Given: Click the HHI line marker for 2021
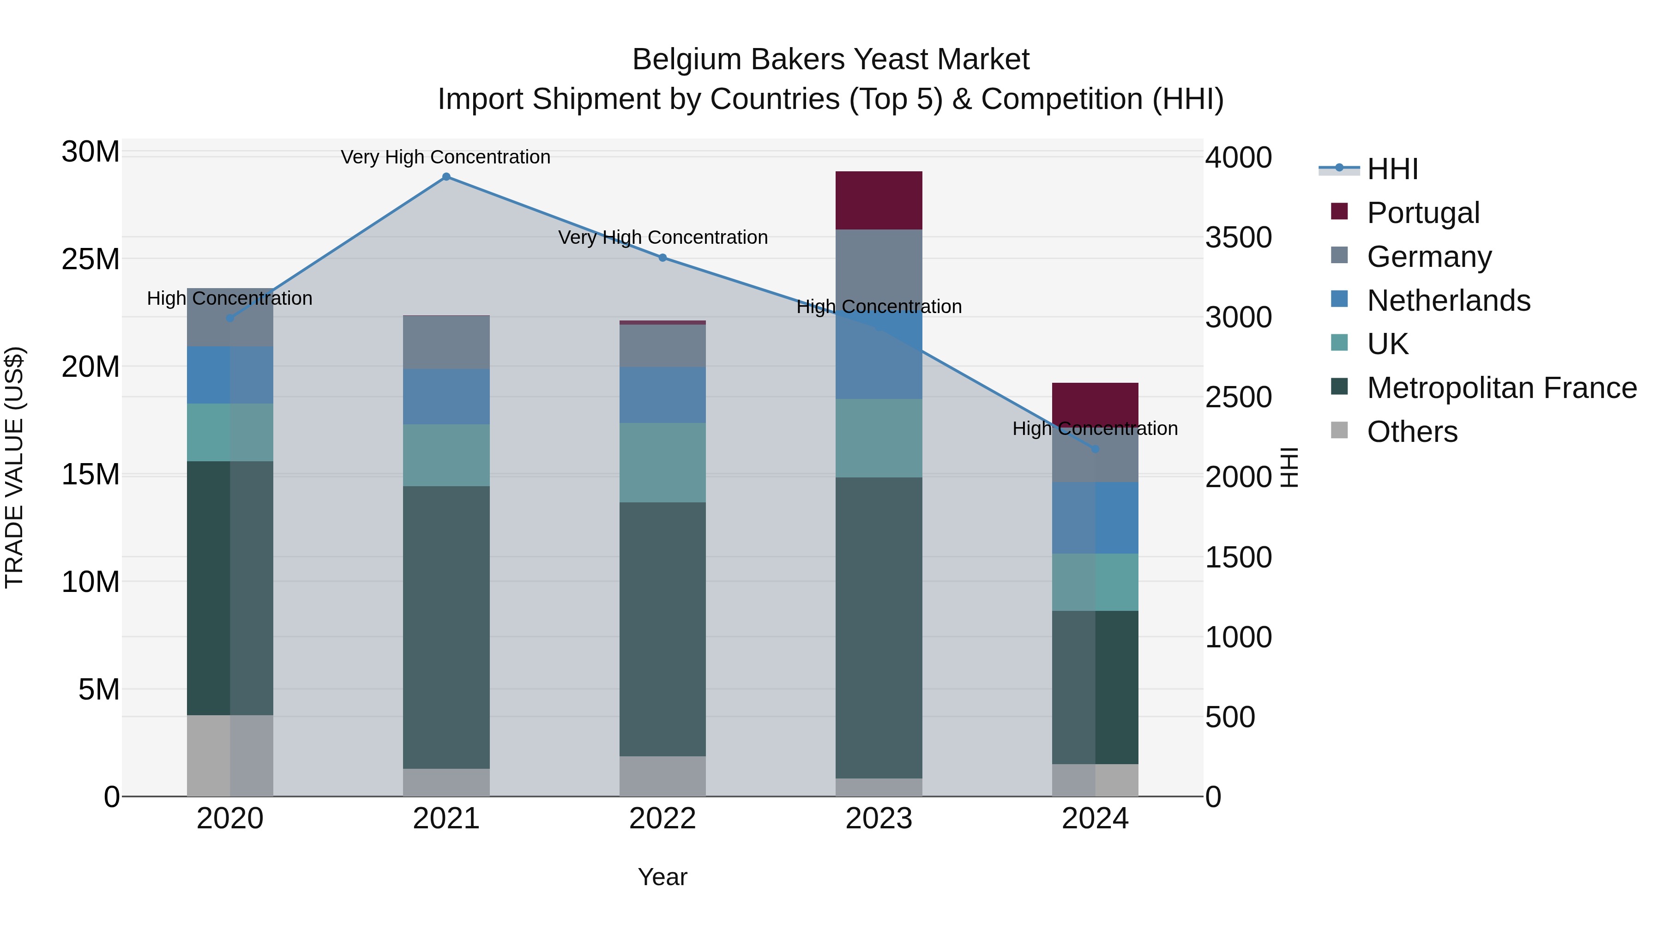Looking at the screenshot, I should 446,177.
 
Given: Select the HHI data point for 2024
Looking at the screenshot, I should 1095,449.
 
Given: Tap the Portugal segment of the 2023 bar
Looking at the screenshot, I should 879,200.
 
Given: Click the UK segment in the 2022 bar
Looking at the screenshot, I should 662,463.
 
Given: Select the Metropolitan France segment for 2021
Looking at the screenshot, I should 446,627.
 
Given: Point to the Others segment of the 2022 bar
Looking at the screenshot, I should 662,776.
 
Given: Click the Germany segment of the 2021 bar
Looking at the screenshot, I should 446,343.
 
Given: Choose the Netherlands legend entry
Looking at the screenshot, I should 1448,301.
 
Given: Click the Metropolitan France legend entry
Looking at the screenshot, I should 1501,388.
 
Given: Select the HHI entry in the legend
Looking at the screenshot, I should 1392,169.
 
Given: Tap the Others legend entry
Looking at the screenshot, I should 1412,432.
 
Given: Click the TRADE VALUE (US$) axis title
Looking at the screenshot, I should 14,467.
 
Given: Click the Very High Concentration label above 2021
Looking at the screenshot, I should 446,157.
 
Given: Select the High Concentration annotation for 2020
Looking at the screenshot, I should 230,298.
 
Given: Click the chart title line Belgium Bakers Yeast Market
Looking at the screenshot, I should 831,60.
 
